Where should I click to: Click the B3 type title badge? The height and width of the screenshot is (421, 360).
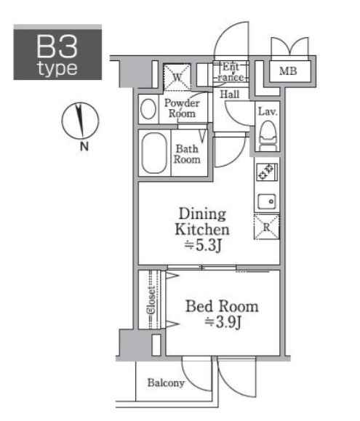coord(57,52)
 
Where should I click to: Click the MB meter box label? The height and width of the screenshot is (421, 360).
coord(288,71)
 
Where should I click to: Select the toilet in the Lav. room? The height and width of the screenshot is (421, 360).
coord(268,136)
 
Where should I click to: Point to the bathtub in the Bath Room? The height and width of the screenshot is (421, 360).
coord(154,153)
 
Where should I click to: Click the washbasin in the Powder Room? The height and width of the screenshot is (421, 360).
coord(148,109)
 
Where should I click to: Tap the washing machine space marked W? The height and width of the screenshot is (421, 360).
coord(177,77)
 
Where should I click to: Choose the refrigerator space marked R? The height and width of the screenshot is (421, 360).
coord(267,227)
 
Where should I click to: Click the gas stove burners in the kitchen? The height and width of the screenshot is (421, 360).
coord(265,172)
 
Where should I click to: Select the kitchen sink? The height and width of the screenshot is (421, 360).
coord(267,201)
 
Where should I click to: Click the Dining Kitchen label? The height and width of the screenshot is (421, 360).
coord(202,222)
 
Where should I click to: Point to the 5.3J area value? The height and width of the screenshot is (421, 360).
coord(203,246)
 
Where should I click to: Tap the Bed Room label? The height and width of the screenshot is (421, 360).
coord(222,306)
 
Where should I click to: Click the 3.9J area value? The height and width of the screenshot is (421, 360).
coord(223,322)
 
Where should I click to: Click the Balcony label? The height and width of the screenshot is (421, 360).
coord(166,382)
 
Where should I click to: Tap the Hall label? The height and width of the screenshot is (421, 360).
coord(230,95)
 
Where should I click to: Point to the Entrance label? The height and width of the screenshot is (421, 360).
coord(231,72)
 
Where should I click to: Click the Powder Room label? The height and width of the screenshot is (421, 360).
coord(182,108)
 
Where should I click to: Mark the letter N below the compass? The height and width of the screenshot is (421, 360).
coord(84,147)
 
